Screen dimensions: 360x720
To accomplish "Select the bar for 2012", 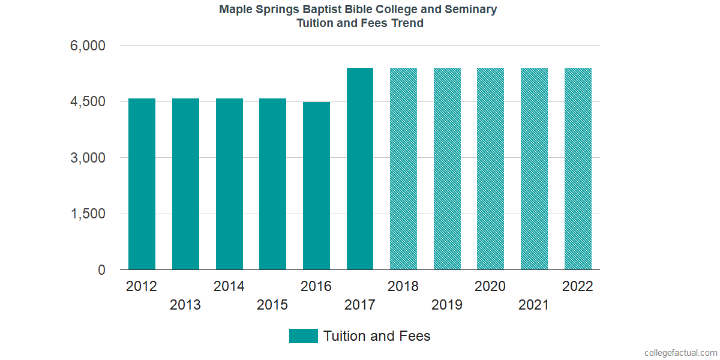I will coord(142,184).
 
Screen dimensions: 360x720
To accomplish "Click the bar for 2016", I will coord(316,186).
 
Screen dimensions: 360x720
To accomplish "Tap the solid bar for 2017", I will coord(360,169).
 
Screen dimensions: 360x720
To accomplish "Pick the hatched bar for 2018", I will coord(403,169).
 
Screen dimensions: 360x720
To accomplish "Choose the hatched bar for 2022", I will coord(578,169).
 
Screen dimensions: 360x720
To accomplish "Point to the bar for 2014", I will coord(229,184).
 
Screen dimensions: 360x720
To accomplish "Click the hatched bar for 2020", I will coord(490,169).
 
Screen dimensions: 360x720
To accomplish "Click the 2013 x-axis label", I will coord(185,305).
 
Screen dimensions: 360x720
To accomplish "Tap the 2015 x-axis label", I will coord(272,305).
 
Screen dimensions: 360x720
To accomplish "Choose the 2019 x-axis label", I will coord(447,305).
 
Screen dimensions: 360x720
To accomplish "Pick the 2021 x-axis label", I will coord(534,305).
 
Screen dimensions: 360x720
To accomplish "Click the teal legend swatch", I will coord(303,336).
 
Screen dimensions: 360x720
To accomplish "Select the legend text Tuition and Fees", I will coord(377,336).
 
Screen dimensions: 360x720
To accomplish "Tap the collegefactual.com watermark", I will coord(680,353).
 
